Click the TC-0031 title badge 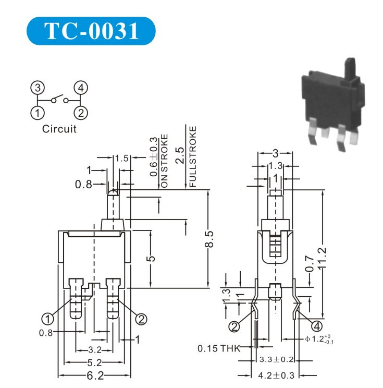91,31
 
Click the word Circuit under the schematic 59,129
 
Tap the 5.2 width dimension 94,362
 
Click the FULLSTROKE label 193,156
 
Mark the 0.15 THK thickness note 218,348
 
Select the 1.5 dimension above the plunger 121,158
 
